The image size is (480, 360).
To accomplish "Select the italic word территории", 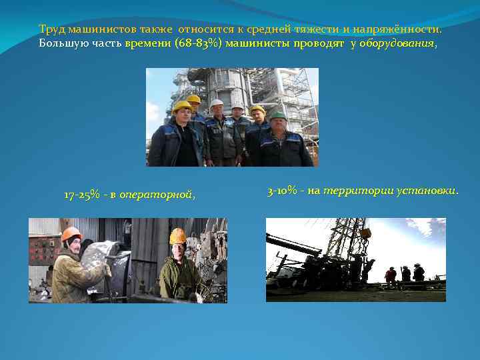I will click(x=355, y=192).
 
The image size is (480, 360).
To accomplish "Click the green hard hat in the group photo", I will click(x=278, y=115).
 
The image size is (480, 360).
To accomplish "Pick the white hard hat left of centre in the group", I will click(x=217, y=104).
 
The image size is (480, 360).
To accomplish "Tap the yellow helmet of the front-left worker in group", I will click(x=181, y=106).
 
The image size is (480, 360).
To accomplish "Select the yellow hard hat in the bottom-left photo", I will click(x=177, y=236).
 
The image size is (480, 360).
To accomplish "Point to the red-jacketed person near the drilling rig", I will click(x=390, y=274).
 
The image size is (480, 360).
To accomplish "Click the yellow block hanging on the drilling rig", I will click(x=365, y=233).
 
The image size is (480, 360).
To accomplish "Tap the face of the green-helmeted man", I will click(x=279, y=125).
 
